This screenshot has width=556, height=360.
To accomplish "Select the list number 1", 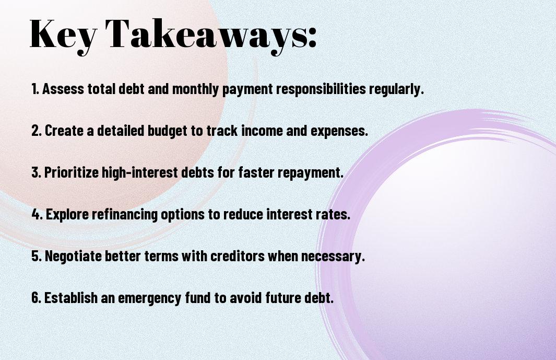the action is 35,89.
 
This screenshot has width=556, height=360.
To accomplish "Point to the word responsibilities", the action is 321,89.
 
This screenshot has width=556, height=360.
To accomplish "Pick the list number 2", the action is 36,131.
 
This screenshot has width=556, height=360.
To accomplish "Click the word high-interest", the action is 140,172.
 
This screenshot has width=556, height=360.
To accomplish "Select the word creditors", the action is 237,256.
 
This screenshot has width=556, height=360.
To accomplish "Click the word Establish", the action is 71,297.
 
